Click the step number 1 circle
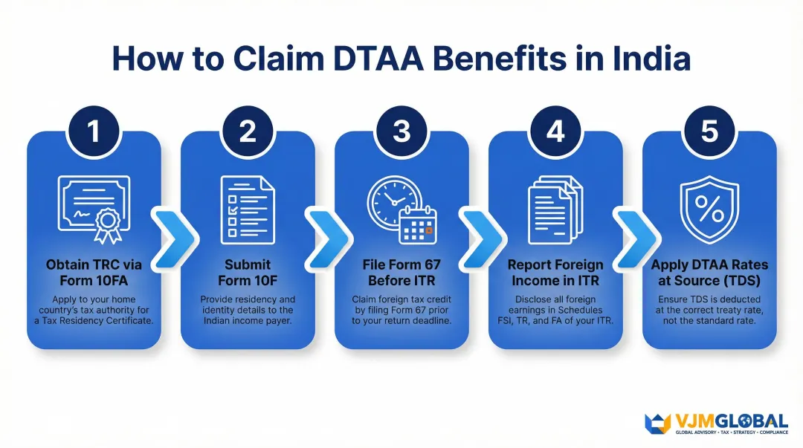point(94,132)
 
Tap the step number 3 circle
point(401,132)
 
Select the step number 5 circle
point(709,132)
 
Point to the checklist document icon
point(247,208)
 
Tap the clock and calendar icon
point(401,210)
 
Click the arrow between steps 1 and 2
point(172,237)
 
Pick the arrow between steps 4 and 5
point(633,237)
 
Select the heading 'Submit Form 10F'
point(247,273)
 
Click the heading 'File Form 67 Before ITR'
point(401,273)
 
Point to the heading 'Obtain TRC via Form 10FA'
point(94,273)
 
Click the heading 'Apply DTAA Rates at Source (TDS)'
point(709,273)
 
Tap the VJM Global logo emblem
point(657,421)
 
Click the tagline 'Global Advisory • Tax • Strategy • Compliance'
point(731,432)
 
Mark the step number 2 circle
point(247,132)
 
